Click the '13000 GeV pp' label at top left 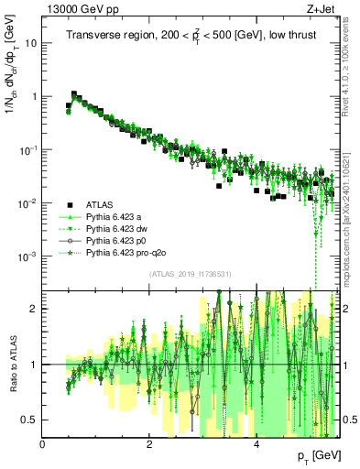[74, 9]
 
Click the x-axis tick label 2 [149, 444]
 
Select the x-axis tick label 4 [256, 444]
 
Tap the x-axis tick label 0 [43, 444]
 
